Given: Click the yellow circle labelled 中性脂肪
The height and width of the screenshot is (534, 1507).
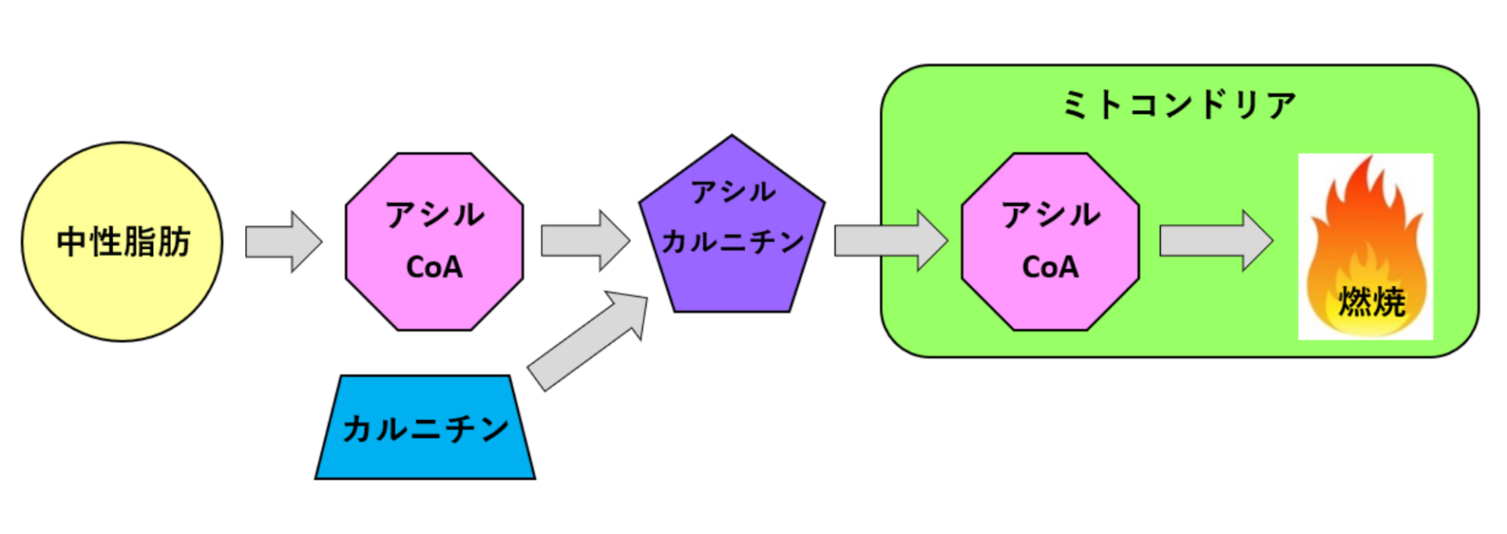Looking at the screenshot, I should [122, 291].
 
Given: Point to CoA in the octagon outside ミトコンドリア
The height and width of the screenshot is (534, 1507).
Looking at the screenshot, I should [434, 268].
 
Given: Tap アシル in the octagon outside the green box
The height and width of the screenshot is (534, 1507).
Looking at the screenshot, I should [434, 214].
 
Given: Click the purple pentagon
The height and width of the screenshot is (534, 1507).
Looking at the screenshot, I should [732, 283].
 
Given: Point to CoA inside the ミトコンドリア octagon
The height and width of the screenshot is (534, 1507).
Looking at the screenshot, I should [1050, 268].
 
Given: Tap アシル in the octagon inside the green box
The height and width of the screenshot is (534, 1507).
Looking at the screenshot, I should [1050, 214].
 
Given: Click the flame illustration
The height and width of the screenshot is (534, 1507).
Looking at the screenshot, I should [1366, 228].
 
